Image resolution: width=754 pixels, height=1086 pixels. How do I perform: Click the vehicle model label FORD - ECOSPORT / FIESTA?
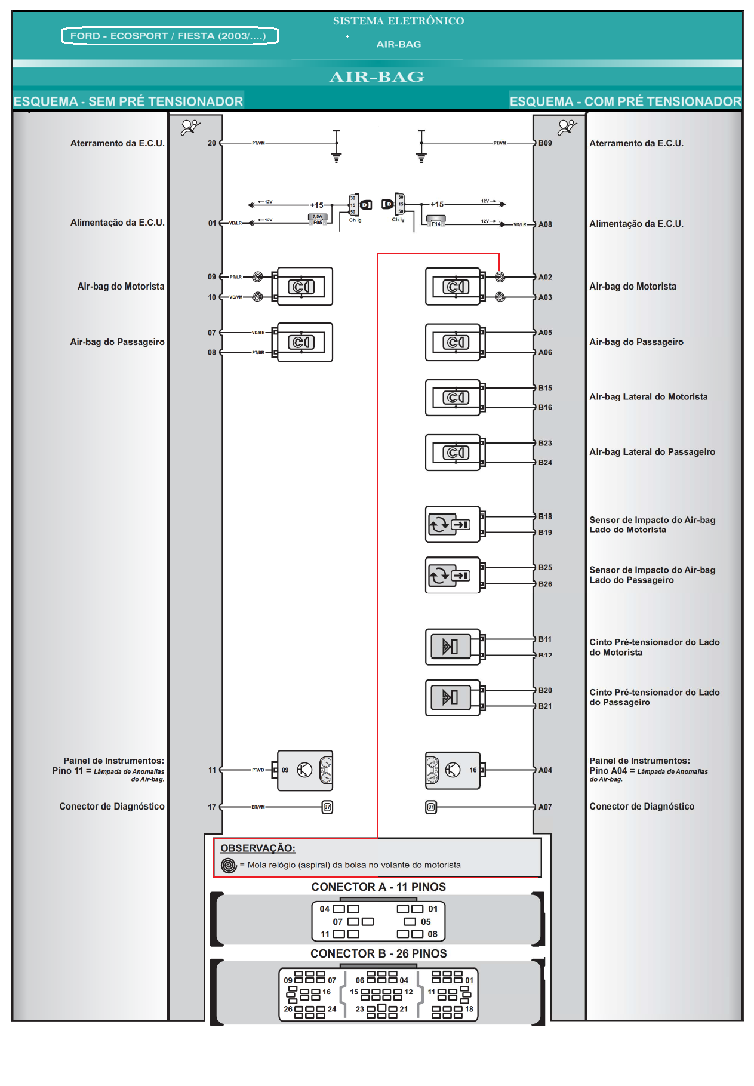click(x=170, y=36)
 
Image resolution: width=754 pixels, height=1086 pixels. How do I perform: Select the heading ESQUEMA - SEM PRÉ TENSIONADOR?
click(x=128, y=101)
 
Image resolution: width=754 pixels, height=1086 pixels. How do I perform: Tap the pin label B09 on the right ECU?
click(x=545, y=143)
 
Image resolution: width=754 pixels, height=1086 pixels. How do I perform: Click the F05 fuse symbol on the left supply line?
click(x=318, y=220)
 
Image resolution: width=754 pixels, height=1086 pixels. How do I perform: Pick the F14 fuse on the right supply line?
click(x=436, y=221)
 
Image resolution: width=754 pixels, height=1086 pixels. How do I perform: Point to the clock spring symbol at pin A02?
click(x=500, y=277)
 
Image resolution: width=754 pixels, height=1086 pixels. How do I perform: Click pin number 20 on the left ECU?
click(x=212, y=143)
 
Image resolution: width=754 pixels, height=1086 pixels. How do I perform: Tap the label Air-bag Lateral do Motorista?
click(x=648, y=397)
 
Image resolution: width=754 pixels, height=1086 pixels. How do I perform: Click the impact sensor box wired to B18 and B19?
click(x=452, y=524)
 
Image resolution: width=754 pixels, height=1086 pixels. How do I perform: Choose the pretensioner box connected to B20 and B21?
click(x=452, y=697)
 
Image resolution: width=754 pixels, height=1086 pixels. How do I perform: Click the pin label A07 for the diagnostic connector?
click(x=545, y=807)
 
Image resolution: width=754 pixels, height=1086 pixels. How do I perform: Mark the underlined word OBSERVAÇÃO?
click(x=258, y=848)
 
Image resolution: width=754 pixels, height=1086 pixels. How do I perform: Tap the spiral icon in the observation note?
click(x=229, y=865)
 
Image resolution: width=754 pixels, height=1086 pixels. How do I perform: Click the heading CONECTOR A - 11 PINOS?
click(x=378, y=887)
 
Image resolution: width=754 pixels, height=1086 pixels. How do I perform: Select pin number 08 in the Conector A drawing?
click(x=432, y=934)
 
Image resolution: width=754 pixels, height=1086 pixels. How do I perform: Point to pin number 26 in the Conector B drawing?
click(x=288, y=1009)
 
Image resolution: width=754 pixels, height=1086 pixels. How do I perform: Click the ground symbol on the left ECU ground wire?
click(x=336, y=157)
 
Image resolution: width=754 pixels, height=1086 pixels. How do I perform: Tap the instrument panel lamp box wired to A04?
click(x=452, y=770)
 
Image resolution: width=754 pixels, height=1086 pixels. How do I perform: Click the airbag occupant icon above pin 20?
click(x=190, y=127)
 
